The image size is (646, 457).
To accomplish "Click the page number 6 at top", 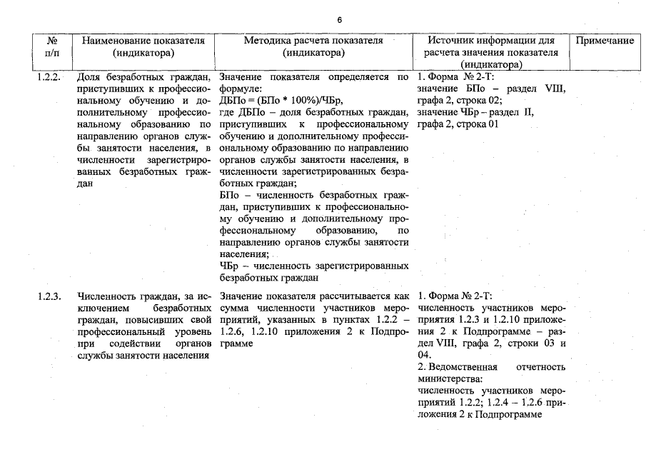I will pos(339,19).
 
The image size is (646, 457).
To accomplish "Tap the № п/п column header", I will pos(51,46).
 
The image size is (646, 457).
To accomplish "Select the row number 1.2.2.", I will pos(51,76).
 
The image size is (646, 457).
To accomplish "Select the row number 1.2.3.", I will pos(51,296).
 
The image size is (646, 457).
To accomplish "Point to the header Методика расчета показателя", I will pos(313,41).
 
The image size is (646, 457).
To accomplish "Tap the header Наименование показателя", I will pos(143,41).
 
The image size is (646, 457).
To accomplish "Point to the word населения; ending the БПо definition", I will pos(244,254).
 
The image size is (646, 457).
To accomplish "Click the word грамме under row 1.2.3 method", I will pos(237,343).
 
